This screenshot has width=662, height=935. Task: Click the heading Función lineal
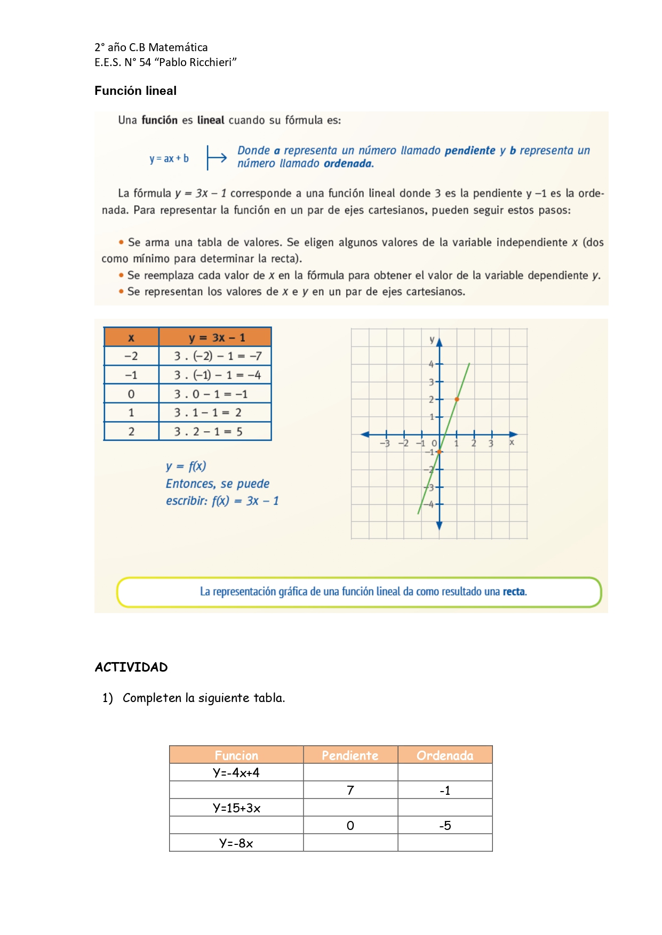pos(135,91)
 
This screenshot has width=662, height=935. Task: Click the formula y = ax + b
pos(169,158)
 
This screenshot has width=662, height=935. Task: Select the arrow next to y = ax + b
pos(217,158)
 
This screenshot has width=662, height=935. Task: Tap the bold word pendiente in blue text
pos(470,150)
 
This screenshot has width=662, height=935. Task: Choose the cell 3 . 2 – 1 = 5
pos(208,431)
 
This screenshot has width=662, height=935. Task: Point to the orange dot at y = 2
pos(457,399)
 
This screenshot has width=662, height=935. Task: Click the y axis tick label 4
pos(431,364)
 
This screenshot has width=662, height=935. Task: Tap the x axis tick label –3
pos(385,444)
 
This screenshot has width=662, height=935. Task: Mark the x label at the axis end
pos(512,442)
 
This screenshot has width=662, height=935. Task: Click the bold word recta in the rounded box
pos(514,592)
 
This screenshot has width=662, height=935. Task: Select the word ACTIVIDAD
pos(131,667)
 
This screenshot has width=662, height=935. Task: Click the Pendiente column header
pos(350,755)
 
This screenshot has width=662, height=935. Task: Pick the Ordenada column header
pos(445,755)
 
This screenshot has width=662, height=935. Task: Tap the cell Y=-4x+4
pos(236,772)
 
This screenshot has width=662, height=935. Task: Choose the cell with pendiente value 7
pos(350,790)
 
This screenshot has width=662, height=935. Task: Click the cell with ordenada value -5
pos(445,826)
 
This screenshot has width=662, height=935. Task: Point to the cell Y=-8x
pos(236,843)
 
